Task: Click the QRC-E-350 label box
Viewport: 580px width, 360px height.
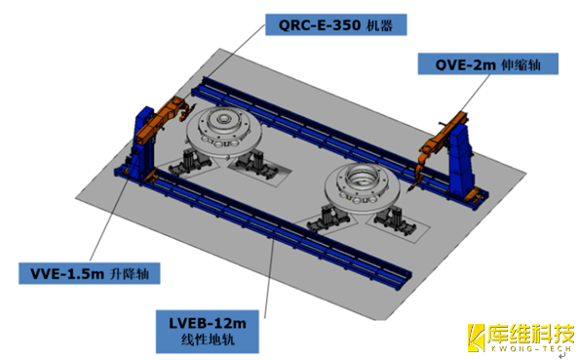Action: click(x=336, y=24)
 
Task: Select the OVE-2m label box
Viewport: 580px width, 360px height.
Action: click(x=488, y=64)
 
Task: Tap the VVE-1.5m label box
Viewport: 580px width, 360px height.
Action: click(x=90, y=273)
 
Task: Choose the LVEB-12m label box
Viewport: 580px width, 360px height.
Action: click(x=207, y=332)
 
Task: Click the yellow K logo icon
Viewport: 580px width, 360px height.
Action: click(x=476, y=338)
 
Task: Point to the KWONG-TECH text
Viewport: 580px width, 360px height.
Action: click(x=531, y=349)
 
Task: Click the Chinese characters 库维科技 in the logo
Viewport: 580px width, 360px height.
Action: click(x=530, y=334)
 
